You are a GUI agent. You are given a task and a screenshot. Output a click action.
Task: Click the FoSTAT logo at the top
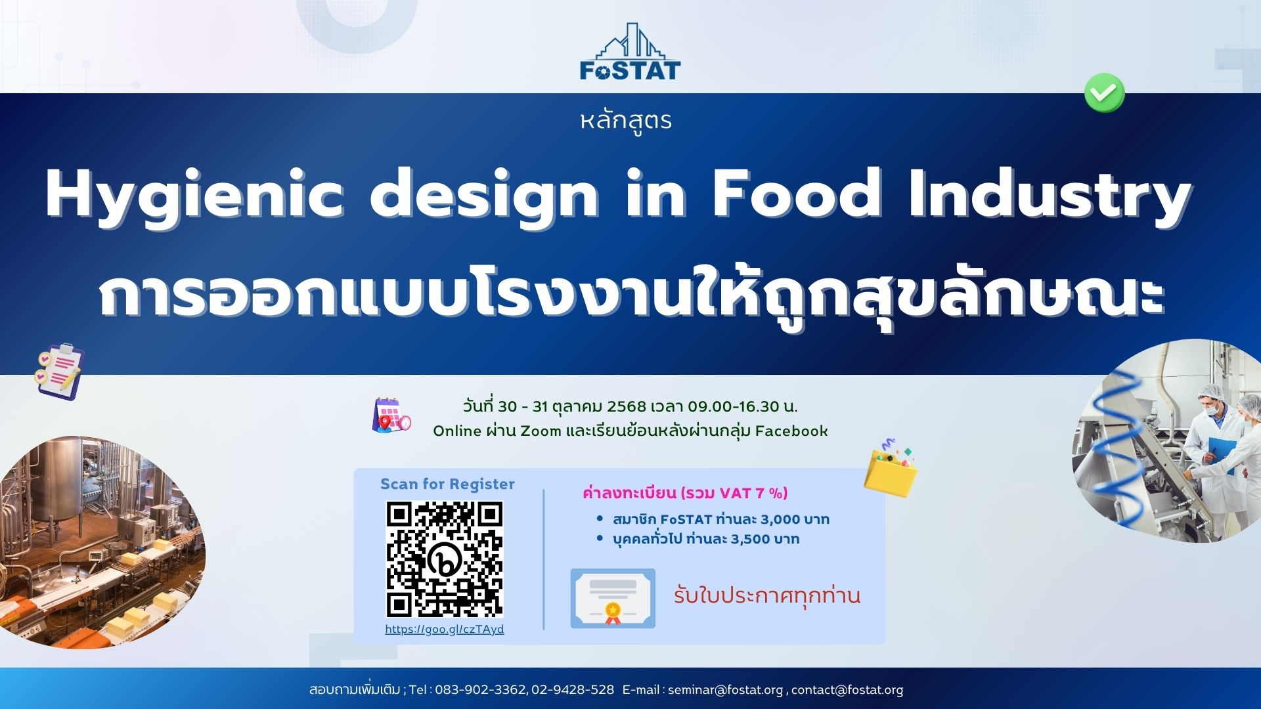(630, 53)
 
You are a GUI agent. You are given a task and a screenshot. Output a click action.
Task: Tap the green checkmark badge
(1104, 93)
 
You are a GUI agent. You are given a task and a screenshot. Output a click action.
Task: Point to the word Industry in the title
(1050, 196)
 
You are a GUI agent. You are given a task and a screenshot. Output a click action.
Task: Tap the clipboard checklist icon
(59, 371)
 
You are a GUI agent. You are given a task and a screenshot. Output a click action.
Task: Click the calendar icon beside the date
(391, 415)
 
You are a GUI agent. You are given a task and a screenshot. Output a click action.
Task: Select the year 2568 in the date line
(627, 406)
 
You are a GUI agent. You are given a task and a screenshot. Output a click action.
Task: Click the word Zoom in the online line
(541, 431)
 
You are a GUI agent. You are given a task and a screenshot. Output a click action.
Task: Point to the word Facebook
(791, 431)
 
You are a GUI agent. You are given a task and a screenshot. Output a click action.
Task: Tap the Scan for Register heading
(447, 484)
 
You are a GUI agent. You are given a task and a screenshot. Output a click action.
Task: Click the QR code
(445, 559)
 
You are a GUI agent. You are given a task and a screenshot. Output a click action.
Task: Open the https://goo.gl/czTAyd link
(445, 629)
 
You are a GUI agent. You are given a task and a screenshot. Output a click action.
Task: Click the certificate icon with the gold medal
(613, 598)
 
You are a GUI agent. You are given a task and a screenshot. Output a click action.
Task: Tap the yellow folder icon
(890, 468)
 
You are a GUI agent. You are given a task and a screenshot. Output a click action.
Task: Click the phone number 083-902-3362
(480, 690)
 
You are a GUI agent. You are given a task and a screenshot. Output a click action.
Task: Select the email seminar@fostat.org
(725, 690)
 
